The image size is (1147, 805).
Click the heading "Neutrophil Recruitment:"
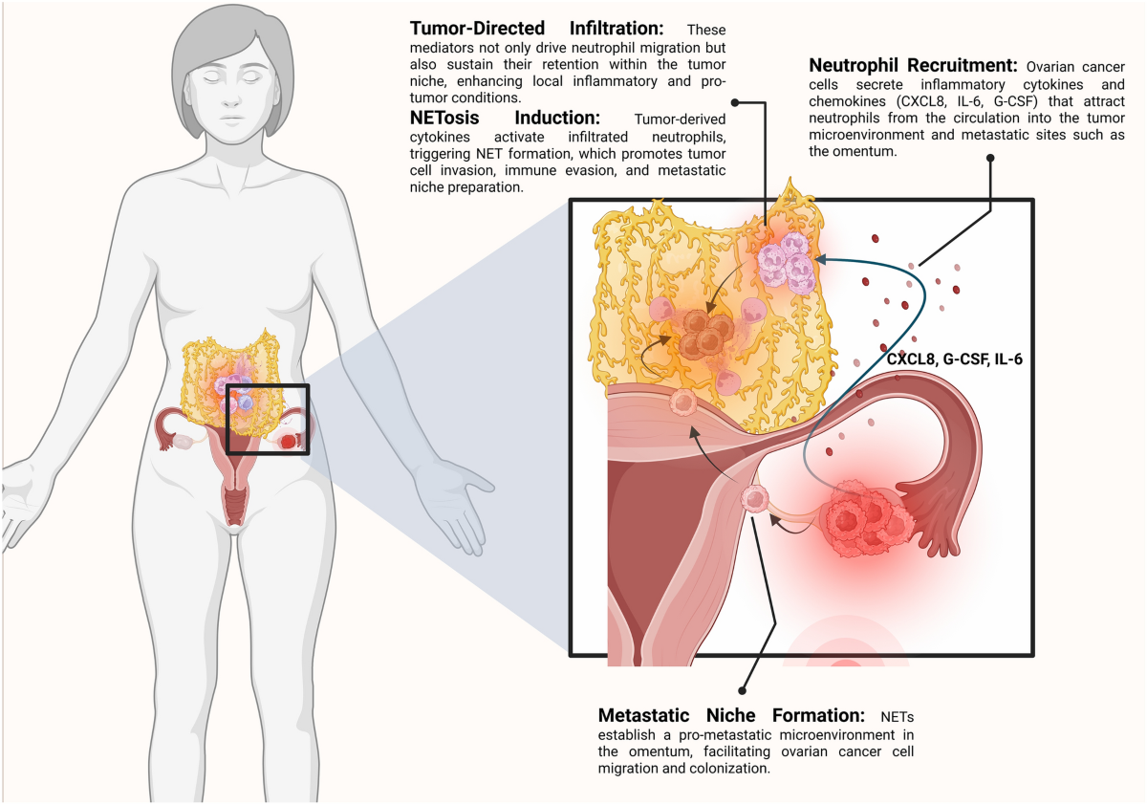pyautogui.click(x=913, y=67)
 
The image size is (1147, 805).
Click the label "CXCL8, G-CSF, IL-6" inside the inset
pyautogui.click(x=949, y=361)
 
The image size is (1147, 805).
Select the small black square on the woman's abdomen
pyautogui.click(x=268, y=419)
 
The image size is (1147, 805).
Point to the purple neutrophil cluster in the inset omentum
pyautogui.click(x=784, y=260)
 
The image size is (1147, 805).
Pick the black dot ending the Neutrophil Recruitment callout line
pyautogui.click(x=991, y=162)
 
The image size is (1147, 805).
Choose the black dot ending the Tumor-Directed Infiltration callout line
pyautogui.click(x=734, y=100)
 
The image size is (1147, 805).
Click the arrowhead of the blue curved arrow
pyautogui.click(x=820, y=257)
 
